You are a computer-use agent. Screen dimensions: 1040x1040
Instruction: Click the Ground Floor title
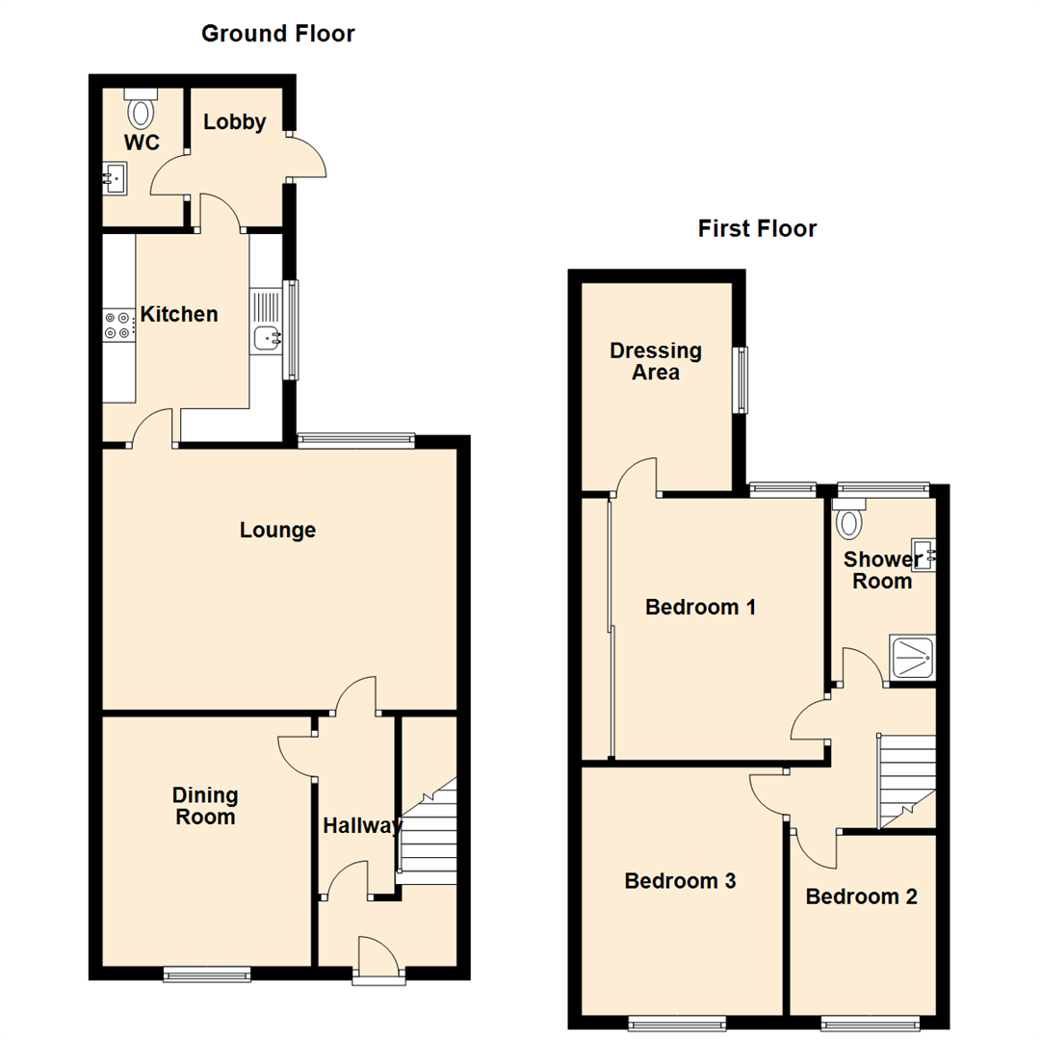[x=277, y=35]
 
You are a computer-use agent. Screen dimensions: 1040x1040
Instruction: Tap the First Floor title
[x=757, y=229]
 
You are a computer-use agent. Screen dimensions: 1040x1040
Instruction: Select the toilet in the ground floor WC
[x=142, y=112]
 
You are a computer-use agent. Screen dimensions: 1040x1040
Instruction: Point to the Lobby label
[x=234, y=122]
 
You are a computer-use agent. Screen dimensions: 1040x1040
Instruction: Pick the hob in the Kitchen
[x=119, y=325]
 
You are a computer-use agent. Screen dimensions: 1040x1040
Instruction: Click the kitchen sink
[x=267, y=337]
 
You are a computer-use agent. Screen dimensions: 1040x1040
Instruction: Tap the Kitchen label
[x=179, y=314]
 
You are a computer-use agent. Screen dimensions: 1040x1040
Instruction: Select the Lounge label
[x=277, y=530]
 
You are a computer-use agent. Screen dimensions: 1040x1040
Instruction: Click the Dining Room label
[x=205, y=806]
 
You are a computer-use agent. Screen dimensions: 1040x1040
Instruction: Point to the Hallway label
[x=361, y=825]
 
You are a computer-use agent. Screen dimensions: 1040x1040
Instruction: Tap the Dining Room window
[x=207, y=975]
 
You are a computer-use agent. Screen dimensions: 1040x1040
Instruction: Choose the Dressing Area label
[x=656, y=361]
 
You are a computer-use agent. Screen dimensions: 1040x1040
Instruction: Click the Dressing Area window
[x=741, y=380]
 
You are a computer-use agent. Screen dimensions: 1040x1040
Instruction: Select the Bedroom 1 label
[x=700, y=608]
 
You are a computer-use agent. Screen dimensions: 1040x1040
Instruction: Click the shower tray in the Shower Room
[x=909, y=658]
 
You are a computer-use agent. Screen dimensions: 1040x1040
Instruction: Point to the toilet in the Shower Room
[x=848, y=521]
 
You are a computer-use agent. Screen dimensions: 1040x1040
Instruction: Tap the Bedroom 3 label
[x=680, y=880]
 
